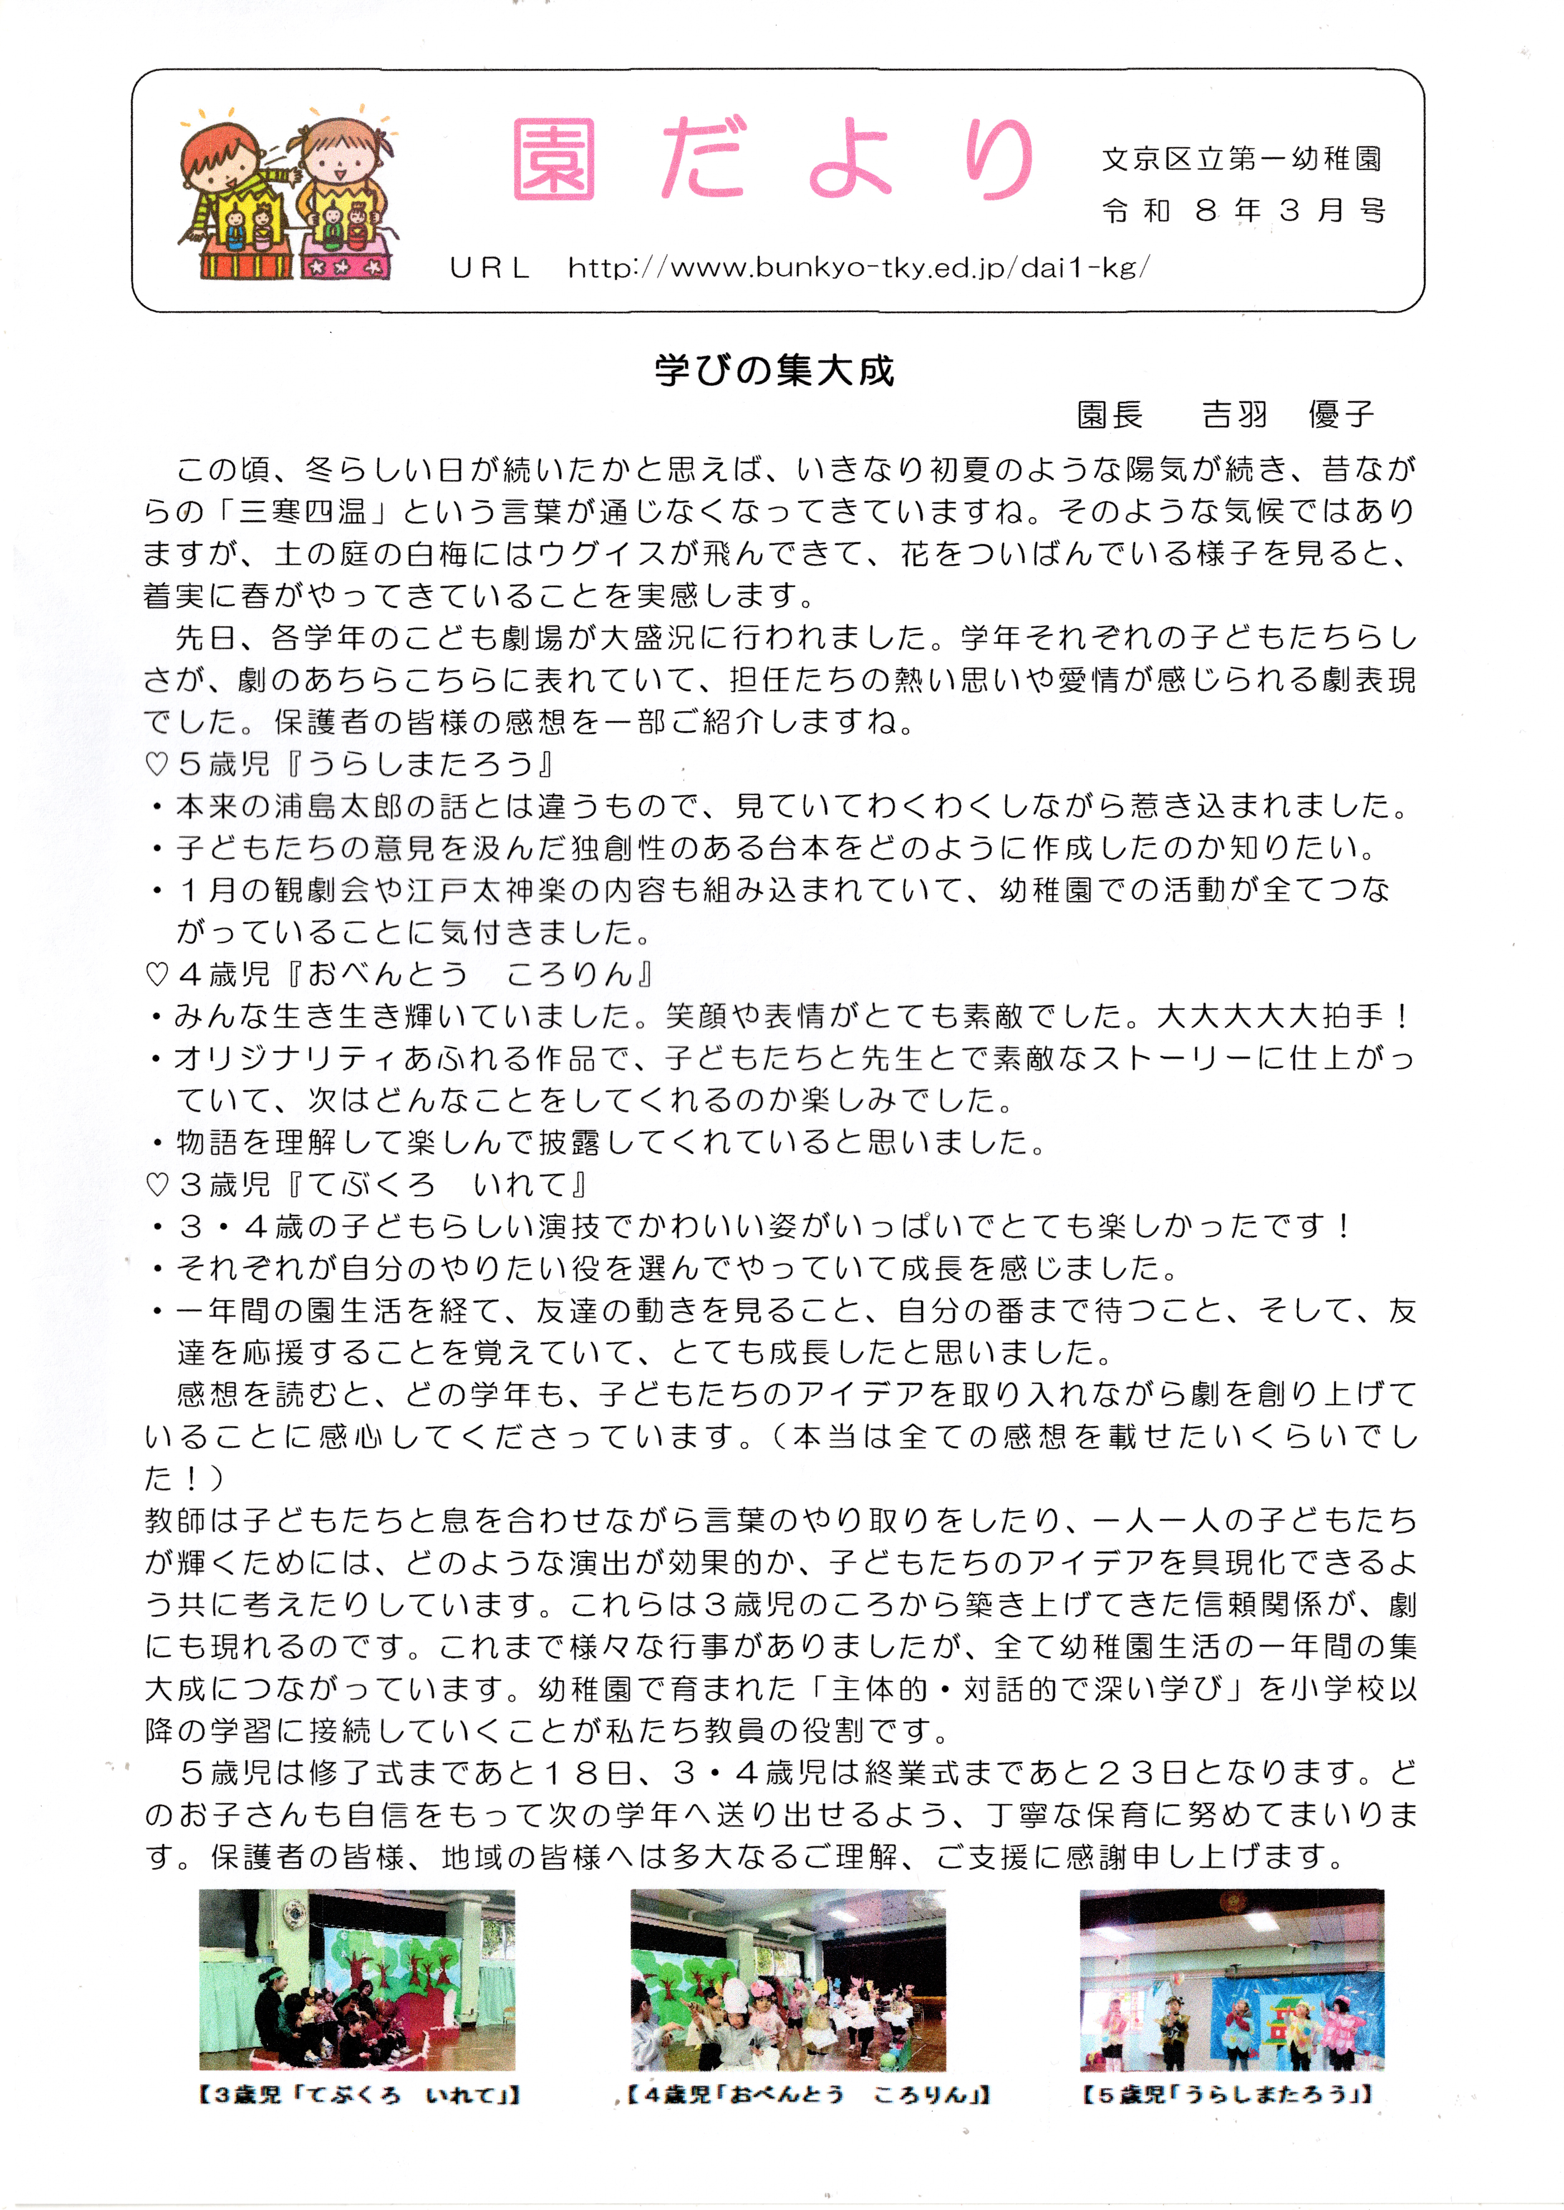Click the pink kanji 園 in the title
tap(554, 160)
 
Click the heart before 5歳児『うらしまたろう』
tap(157, 765)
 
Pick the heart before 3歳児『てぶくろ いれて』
tap(157, 1185)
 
